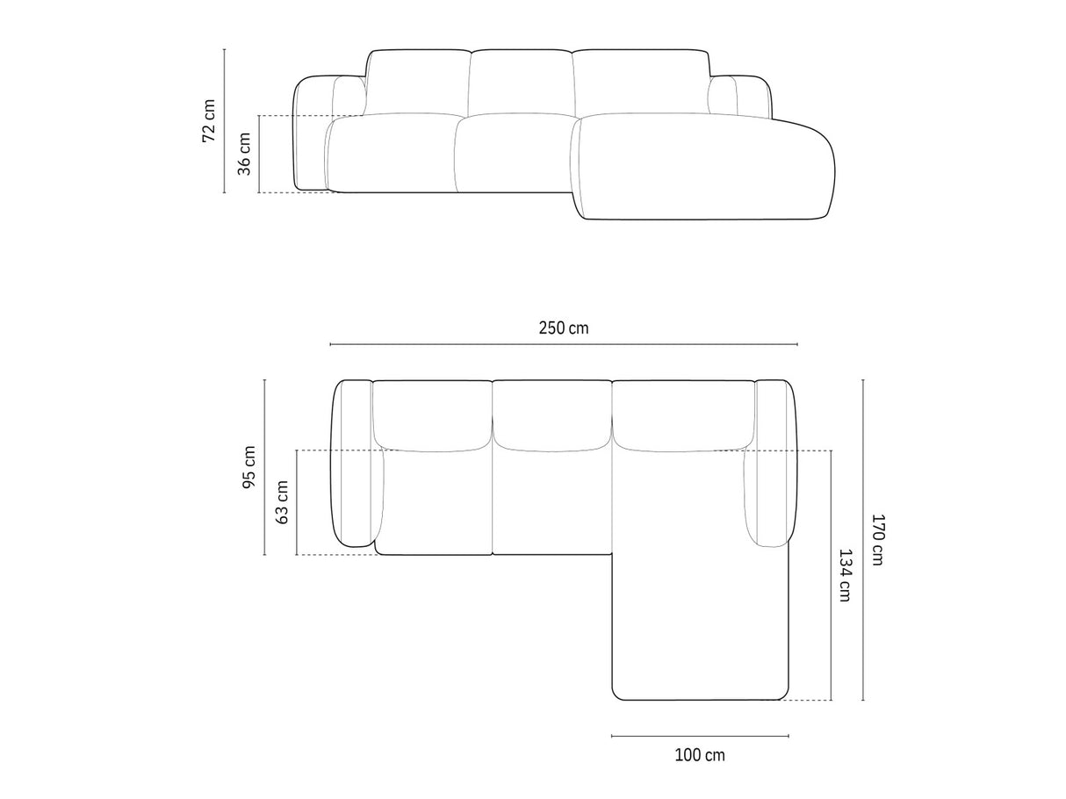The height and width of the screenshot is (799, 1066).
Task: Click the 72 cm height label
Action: click(x=208, y=121)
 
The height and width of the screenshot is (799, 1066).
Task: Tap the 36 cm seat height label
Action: click(x=244, y=154)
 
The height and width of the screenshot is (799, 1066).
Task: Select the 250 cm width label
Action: click(x=564, y=328)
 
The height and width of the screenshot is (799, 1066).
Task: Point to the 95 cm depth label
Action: click(x=249, y=467)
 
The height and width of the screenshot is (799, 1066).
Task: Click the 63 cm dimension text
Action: click(x=282, y=502)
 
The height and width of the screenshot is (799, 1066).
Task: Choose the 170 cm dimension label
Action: click(x=877, y=540)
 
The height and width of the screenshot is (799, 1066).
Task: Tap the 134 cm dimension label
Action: click(x=845, y=575)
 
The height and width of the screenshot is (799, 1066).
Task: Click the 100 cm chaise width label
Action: click(x=700, y=755)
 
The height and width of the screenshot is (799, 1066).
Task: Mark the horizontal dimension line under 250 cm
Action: click(x=564, y=344)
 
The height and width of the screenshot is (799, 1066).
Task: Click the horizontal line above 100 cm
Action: click(x=700, y=736)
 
